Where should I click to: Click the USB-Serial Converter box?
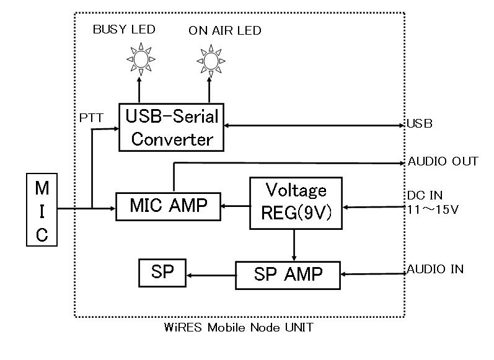coord(172,126)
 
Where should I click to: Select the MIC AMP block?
coord(169,206)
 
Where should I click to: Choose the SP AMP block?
coord(288,274)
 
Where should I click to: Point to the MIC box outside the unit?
coord(41,211)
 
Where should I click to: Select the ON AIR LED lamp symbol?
coord(209,59)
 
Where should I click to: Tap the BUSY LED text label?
coord(124,29)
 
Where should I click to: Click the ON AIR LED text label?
coord(226,30)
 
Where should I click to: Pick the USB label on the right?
coord(420,124)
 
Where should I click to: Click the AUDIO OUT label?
coord(443,161)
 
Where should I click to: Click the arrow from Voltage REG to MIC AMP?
coord(235,206)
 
